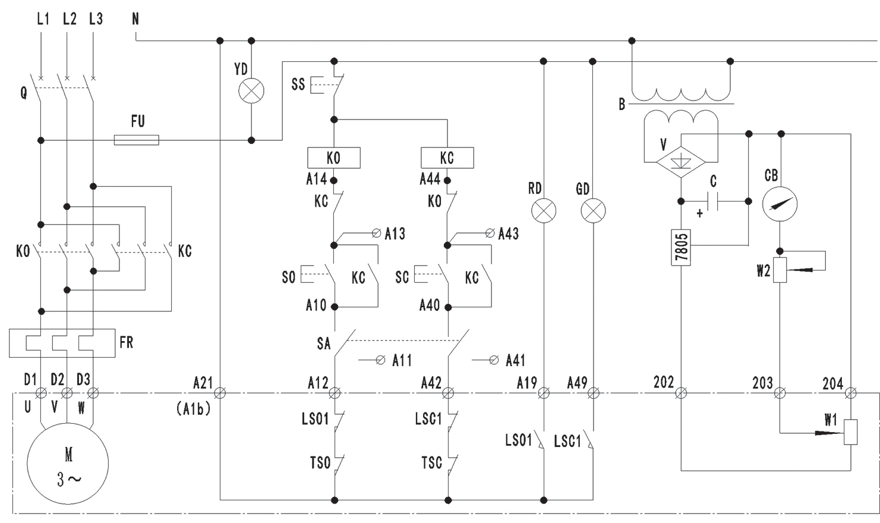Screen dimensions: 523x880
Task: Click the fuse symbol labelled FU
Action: [136, 140]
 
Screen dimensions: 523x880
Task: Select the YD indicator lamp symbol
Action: [251, 91]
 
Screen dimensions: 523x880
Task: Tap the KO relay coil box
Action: [333, 158]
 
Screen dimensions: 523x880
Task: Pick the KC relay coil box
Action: [447, 158]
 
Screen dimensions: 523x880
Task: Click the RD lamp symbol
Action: [543, 210]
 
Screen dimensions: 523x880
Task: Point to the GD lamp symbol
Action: [592, 210]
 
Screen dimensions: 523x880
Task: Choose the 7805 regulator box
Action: [681, 247]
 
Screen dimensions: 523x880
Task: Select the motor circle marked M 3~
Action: [68, 464]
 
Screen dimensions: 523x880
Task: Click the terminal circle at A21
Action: [220, 393]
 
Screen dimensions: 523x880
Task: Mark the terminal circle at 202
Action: [681, 393]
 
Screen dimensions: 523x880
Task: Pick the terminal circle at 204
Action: [851, 393]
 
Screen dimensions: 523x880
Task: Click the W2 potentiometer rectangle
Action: [780, 270]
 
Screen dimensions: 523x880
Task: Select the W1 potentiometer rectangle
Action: [851, 432]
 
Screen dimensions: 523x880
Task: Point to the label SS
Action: [298, 84]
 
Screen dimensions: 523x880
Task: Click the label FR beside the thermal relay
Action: [127, 343]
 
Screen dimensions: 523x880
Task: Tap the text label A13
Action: [395, 234]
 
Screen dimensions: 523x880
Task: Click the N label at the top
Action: [135, 19]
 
